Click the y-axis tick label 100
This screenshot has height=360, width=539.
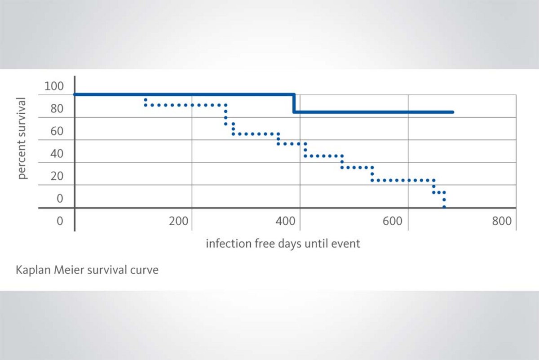(54, 86)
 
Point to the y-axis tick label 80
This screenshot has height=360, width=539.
(57, 109)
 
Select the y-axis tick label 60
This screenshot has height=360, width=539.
(57, 131)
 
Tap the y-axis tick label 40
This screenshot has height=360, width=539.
(57, 154)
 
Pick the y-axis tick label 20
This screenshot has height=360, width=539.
(57, 176)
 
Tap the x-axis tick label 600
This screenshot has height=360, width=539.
(394, 221)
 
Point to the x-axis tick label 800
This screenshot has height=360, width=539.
(502, 221)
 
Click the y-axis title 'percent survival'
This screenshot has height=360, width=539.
(22, 138)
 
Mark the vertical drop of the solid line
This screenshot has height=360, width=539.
(294, 103)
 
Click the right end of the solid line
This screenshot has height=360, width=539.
(452, 112)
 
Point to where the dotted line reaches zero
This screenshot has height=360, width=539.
(444, 207)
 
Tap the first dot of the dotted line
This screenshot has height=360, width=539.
(146, 99)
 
